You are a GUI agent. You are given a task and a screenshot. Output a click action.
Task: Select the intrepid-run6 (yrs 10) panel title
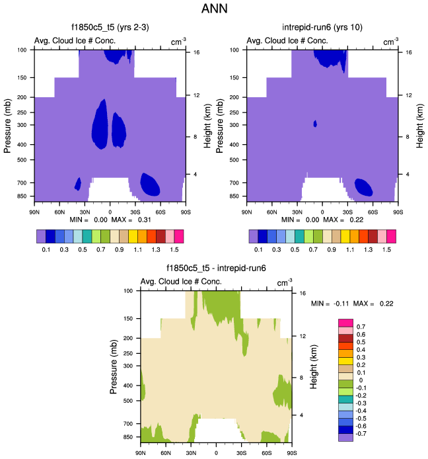(322, 28)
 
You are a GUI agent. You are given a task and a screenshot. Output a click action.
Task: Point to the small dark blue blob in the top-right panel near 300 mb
(315, 124)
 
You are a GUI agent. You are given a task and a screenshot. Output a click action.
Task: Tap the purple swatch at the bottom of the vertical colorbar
(346, 437)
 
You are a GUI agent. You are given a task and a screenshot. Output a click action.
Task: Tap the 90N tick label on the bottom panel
(140, 452)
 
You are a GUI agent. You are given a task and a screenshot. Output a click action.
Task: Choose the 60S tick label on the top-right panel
(373, 212)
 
